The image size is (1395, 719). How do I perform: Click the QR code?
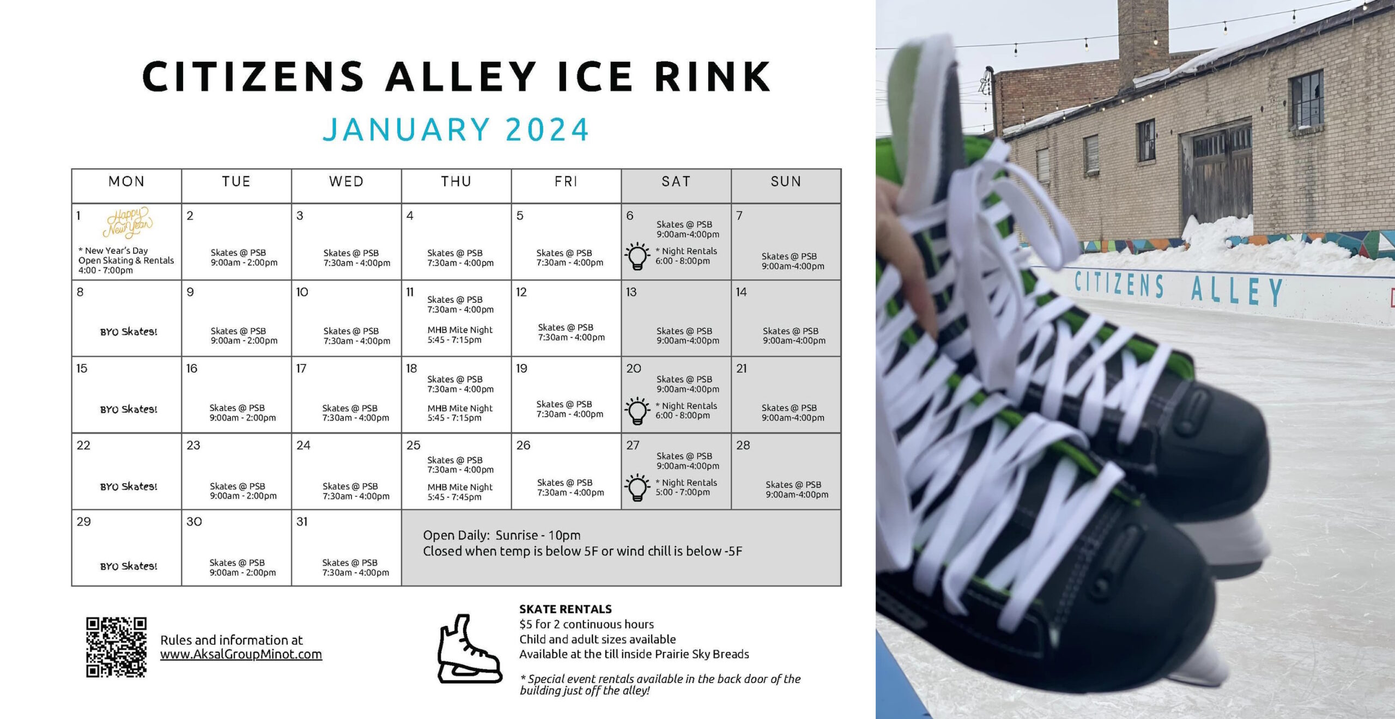[116, 647]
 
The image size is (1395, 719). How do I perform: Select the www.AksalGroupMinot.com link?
[241, 654]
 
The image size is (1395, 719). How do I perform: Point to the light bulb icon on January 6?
[637, 256]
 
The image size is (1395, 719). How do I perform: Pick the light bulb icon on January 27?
[637, 487]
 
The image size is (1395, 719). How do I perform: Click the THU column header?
[456, 181]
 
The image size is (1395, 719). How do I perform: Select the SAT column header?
[676, 181]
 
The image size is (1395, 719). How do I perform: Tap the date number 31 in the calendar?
[302, 522]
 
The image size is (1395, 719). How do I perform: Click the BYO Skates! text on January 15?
[129, 409]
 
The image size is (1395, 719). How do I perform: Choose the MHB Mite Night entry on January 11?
[460, 334]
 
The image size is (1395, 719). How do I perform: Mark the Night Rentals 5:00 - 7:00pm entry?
[686, 487]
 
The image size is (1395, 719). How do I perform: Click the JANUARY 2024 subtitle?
[456, 130]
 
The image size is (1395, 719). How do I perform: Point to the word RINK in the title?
[713, 76]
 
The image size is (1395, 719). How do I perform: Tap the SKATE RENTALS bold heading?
[565, 609]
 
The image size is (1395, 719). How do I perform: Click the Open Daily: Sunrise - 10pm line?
[502, 535]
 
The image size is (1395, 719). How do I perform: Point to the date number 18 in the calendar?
[411, 369]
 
